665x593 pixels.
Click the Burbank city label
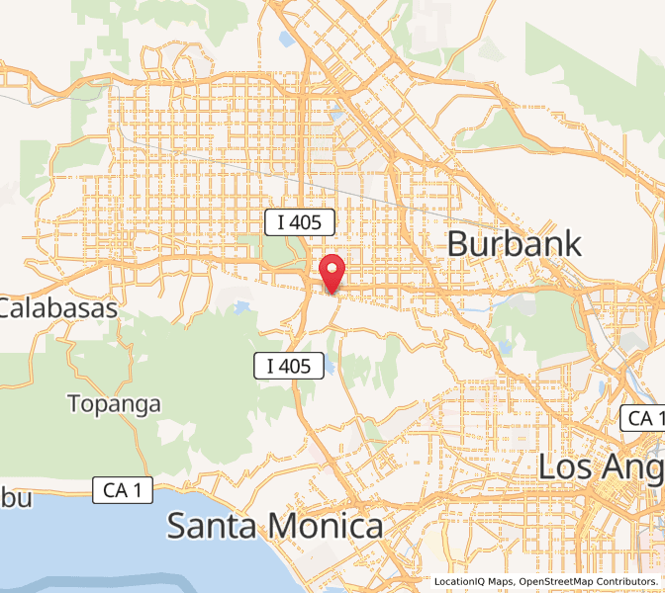[x=516, y=243]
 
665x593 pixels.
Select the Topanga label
[x=115, y=403]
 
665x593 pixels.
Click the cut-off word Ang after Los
[x=633, y=466]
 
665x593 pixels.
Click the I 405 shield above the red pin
[x=299, y=222]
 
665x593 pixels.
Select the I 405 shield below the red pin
[x=288, y=366]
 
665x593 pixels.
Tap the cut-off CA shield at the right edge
[x=643, y=418]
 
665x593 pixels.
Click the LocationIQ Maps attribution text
[x=473, y=582]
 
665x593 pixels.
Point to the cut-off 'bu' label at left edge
[x=16, y=498]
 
